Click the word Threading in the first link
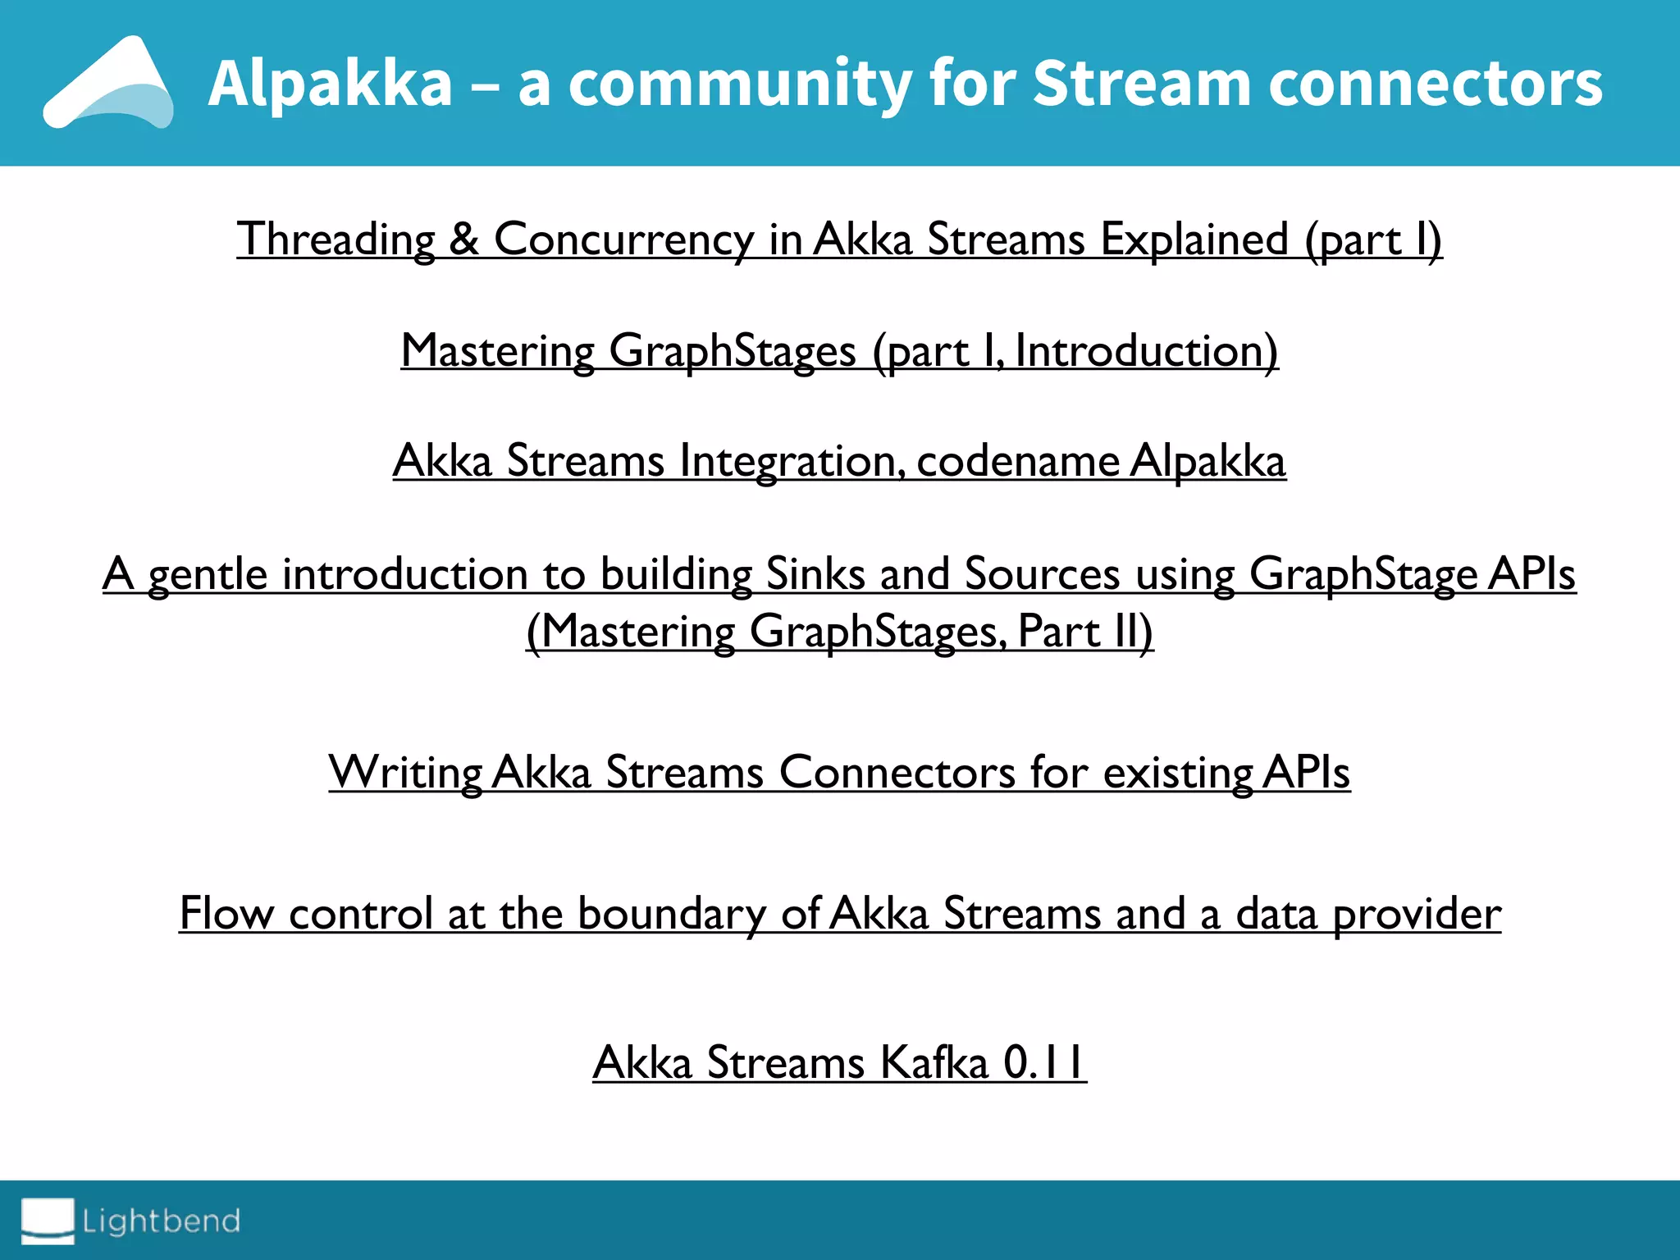(x=336, y=240)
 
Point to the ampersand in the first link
(x=464, y=240)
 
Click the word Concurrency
(x=623, y=240)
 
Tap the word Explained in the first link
(x=1194, y=240)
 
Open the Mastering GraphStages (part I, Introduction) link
(x=839, y=351)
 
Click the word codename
(x=1017, y=461)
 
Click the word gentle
(x=208, y=574)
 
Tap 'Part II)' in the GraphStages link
(x=1084, y=632)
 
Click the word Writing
(x=405, y=773)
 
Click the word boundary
(x=671, y=914)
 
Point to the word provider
(x=1417, y=914)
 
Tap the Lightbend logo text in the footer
(x=161, y=1221)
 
